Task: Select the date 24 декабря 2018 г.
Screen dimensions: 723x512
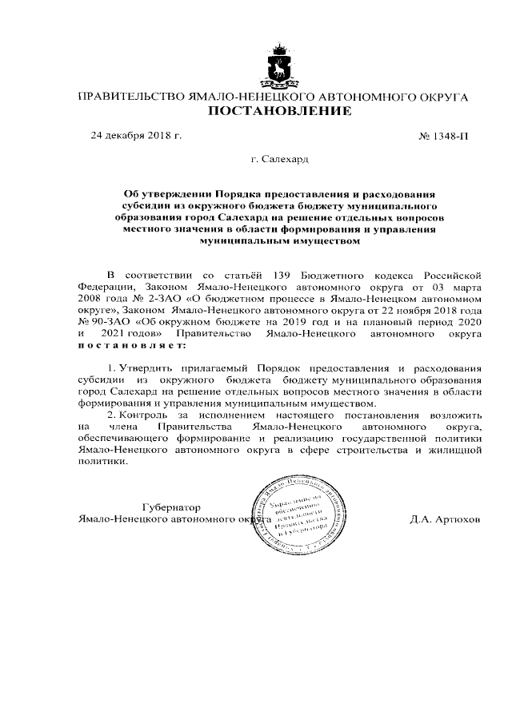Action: pyautogui.click(x=136, y=135)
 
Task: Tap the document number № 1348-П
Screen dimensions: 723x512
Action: pyautogui.click(x=444, y=136)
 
